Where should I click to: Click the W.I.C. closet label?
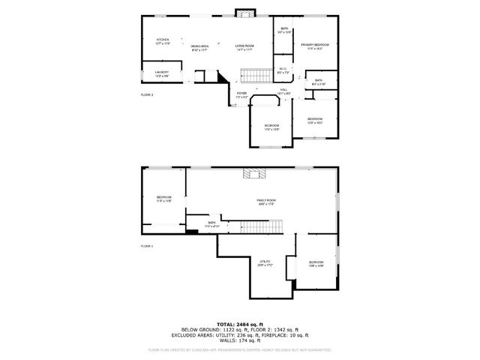click(x=282, y=70)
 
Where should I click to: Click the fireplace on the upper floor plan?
click(x=244, y=13)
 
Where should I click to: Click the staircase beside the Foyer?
click(x=255, y=75)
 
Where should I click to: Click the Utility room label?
click(x=265, y=263)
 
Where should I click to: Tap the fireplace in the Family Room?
click(x=253, y=174)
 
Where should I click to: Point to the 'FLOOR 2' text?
click(x=147, y=95)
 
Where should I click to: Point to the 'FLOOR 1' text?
click(x=147, y=246)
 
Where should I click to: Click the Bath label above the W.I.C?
click(x=283, y=31)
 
